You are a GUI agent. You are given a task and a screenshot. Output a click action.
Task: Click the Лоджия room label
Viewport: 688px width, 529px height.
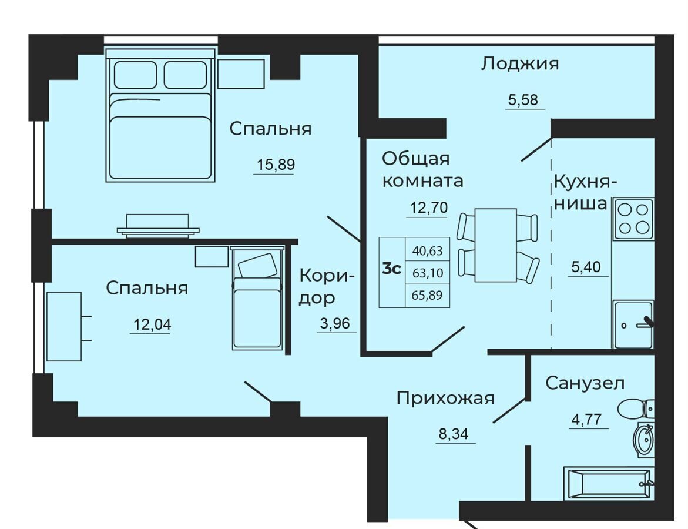click(x=520, y=64)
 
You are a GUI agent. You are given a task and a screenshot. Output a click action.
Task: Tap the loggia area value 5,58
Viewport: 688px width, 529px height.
click(x=523, y=100)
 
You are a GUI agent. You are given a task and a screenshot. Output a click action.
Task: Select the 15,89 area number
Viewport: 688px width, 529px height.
click(x=276, y=165)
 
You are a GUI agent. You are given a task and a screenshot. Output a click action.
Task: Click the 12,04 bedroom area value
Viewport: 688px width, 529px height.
click(x=152, y=324)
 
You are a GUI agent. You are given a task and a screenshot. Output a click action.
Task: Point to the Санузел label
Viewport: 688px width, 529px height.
click(x=585, y=383)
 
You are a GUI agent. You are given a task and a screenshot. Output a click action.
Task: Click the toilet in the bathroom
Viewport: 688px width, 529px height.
click(x=636, y=409)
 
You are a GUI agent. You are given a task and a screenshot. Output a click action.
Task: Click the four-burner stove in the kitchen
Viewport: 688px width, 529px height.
click(x=633, y=219)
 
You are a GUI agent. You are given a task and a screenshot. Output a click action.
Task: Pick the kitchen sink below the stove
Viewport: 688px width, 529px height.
click(x=633, y=324)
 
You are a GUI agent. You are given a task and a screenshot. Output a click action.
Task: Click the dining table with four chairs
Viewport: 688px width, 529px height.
click(x=498, y=245)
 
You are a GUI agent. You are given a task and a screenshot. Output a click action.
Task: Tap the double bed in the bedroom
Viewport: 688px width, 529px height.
click(x=160, y=115)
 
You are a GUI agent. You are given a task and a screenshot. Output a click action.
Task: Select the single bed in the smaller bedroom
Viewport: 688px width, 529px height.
click(x=257, y=298)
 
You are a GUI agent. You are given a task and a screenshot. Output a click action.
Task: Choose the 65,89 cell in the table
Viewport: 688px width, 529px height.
click(x=427, y=295)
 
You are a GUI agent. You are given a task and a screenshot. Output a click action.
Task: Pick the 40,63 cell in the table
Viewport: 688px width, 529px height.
click(x=427, y=250)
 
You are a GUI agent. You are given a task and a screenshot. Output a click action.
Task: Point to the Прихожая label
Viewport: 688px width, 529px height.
click(x=445, y=399)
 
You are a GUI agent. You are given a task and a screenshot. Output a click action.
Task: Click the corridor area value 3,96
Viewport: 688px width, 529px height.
click(x=335, y=323)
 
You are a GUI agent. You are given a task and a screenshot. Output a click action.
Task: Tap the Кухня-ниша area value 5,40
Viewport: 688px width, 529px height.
click(x=586, y=266)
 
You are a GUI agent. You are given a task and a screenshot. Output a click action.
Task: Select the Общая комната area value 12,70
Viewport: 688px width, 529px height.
click(x=429, y=207)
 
